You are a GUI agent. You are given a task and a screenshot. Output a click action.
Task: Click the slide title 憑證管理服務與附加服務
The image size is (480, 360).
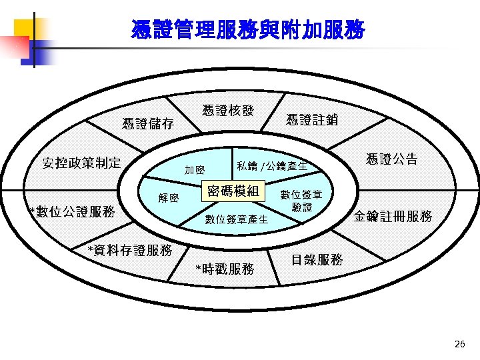[248, 30]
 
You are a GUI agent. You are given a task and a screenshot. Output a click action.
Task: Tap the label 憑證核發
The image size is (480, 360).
[228, 111]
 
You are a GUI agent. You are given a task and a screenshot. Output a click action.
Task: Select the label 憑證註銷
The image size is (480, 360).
[311, 120]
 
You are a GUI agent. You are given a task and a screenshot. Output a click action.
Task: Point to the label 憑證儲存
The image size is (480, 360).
[148, 124]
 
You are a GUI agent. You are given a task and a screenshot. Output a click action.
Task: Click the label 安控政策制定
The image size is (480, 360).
[81, 163]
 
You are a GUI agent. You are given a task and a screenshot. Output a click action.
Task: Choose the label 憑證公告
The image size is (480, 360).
[392, 159]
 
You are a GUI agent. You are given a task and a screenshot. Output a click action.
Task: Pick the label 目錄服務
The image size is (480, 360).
[317, 259]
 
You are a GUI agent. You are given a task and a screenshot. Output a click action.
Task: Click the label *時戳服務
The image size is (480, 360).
[225, 269]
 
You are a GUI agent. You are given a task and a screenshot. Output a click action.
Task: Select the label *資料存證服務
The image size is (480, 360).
[131, 250]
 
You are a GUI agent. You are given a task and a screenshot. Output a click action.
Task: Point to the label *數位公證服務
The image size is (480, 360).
[73, 212]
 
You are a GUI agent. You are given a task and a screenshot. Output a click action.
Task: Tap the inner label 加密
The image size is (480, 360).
[195, 171]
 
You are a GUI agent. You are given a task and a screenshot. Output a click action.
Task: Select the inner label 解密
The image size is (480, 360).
[168, 198]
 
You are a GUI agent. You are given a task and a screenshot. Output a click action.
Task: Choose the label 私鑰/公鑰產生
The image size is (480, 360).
[272, 165]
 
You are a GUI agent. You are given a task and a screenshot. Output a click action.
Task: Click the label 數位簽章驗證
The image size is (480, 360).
[301, 201]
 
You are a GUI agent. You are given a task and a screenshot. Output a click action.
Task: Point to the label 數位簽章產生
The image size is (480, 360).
[236, 219]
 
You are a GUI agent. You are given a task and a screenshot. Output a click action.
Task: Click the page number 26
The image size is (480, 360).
[459, 344]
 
